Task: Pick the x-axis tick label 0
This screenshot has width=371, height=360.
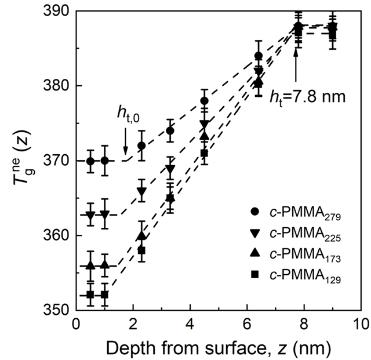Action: point(75,323)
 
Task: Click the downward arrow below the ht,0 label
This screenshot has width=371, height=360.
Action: point(126,149)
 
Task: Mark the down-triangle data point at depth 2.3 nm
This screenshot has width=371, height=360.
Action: point(141,191)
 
